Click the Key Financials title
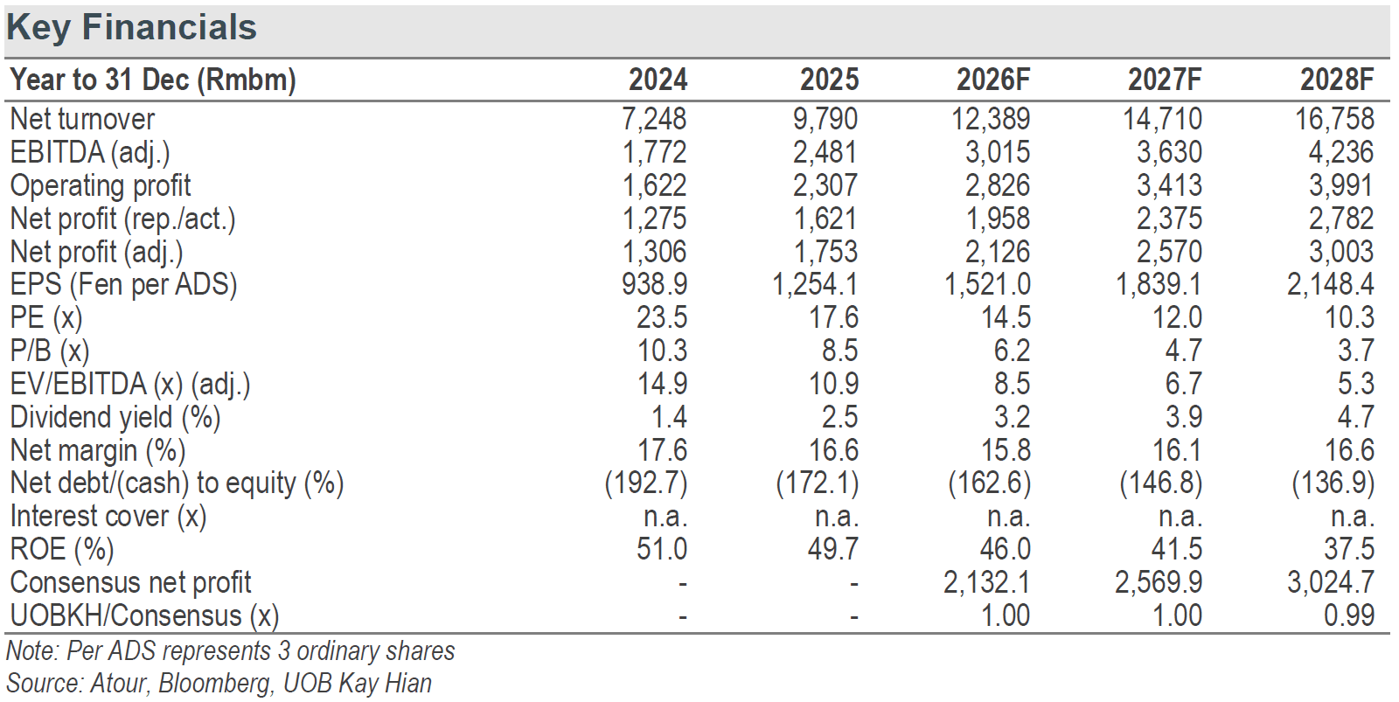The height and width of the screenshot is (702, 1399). [x=131, y=28]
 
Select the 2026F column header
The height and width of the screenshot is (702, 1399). [x=993, y=80]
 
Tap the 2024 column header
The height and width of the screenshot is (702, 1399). [x=658, y=80]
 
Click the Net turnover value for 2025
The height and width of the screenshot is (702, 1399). [x=825, y=119]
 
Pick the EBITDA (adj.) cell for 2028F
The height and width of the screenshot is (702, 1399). [x=1341, y=152]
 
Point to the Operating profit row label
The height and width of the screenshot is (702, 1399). [x=101, y=185]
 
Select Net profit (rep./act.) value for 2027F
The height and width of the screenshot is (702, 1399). [x=1169, y=219]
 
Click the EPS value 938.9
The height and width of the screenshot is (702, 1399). [x=655, y=284]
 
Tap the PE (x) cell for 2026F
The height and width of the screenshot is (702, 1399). [x=1006, y=317]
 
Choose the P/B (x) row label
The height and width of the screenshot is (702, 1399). [x=50, y=351]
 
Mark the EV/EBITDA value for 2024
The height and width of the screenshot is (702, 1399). [x=662, y=384]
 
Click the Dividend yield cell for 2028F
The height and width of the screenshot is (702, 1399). [x=1356, y=417]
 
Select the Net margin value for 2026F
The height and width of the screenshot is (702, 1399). [x=1006, y=449]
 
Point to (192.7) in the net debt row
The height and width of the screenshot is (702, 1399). [x=646, y=483]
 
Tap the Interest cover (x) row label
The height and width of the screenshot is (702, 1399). [x=108, y=517]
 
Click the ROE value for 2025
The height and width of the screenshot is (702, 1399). [x=834, y=549]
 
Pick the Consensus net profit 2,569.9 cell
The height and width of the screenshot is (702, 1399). [x=1159, y=582]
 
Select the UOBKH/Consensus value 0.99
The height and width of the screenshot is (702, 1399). [x=1349, y=615]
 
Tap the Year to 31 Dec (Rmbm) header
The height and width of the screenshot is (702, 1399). [x=153, y=80]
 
